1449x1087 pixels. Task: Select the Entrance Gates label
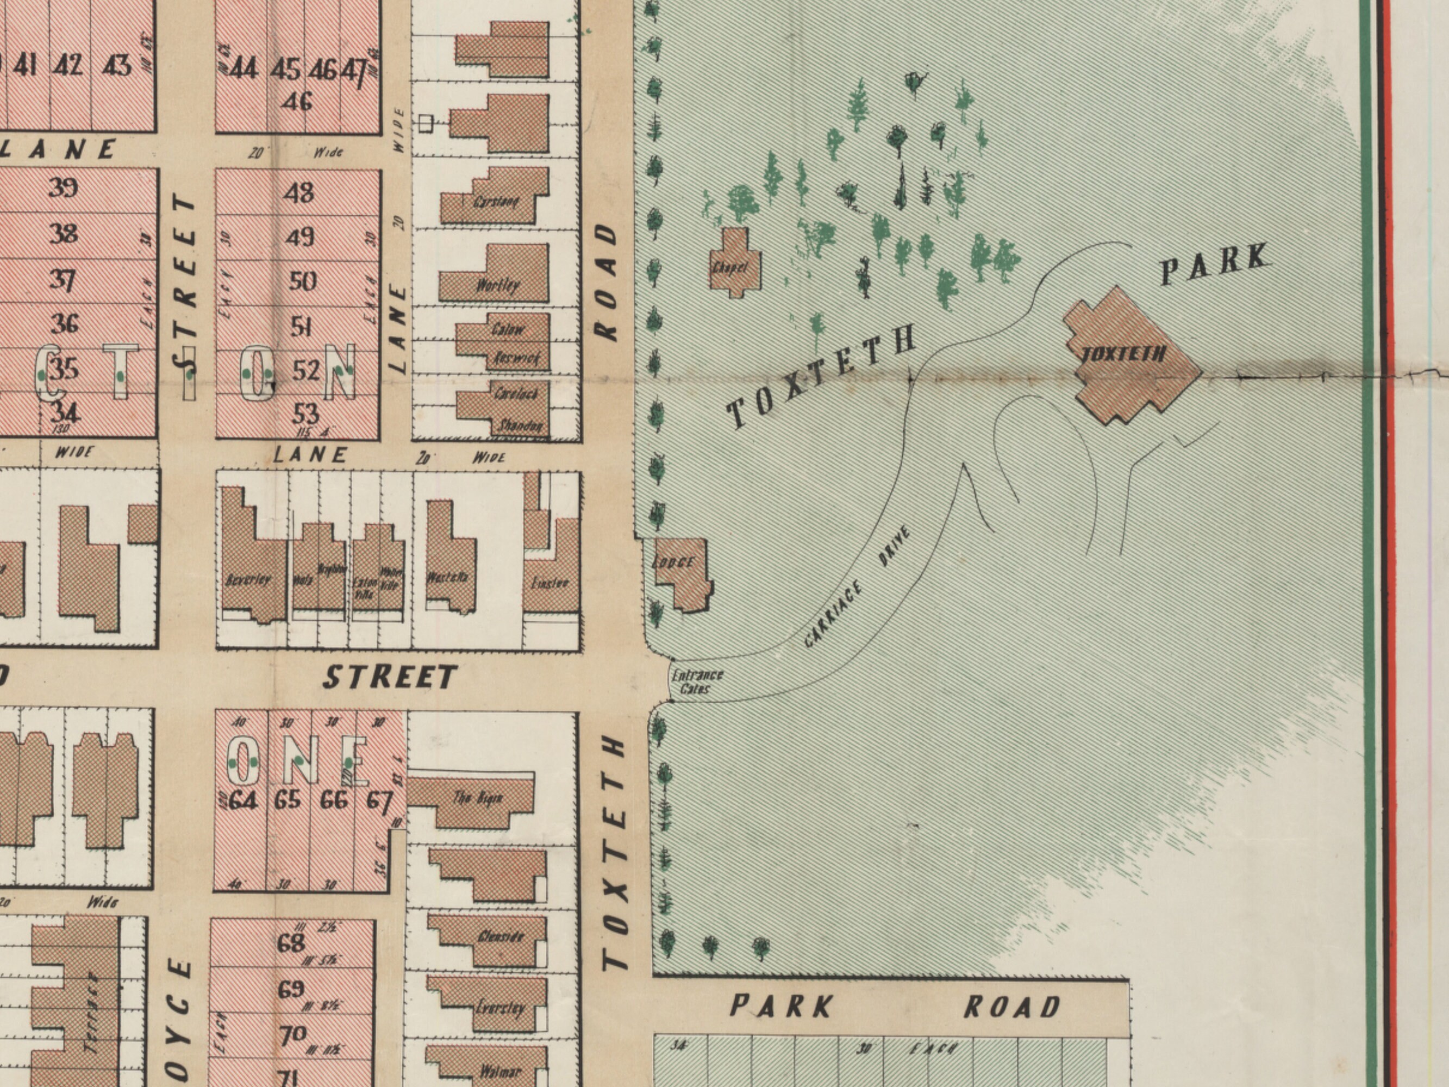pos(697,681)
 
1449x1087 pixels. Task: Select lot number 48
pos(299,192)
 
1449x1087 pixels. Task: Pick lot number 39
pos(63,188)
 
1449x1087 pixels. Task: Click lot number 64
pos(243,800)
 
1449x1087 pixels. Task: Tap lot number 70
pos(293,1035)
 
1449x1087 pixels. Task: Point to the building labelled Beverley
pos(249,577)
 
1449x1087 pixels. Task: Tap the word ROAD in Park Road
pos(1012,1007)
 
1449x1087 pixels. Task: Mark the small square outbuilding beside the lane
pos(426,122)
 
